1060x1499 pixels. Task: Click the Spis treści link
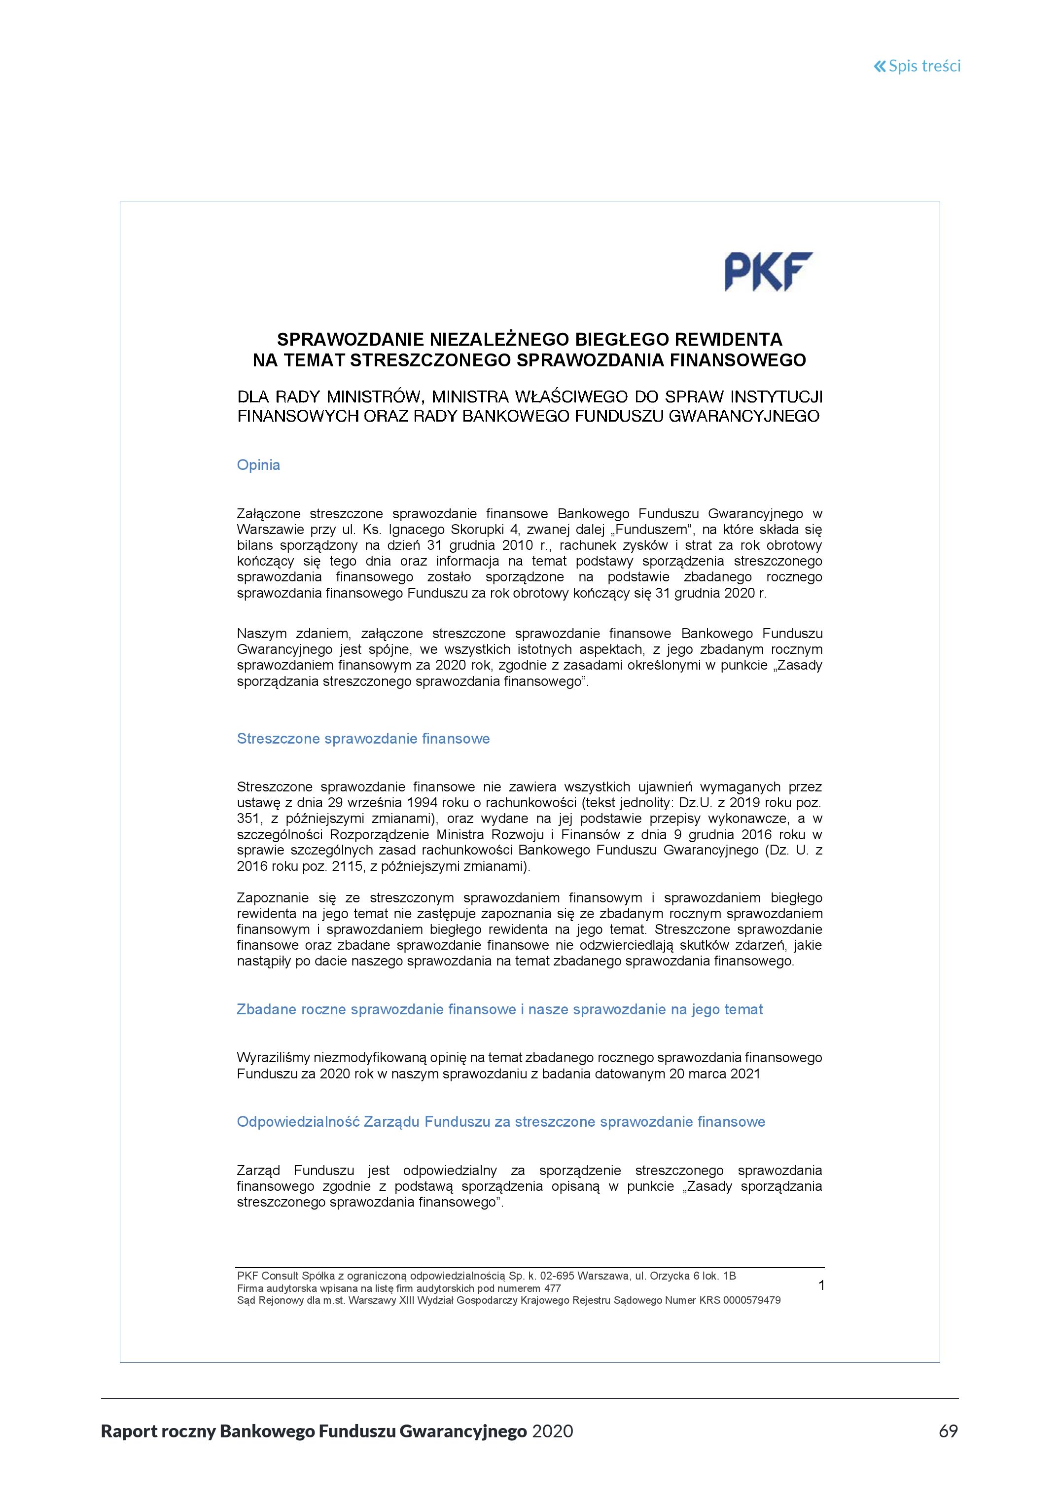pos(917,66)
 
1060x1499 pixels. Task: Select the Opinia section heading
pos(258,465)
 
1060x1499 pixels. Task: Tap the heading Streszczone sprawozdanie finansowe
pos(363,738)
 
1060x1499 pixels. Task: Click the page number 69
pos(948,1431)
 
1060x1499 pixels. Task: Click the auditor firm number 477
pos(552,1288)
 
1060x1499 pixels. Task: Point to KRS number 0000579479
pos(752,1300)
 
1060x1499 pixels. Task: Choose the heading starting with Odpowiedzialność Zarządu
pos(500,1122)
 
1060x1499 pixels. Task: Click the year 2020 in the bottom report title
pos(553,1431)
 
